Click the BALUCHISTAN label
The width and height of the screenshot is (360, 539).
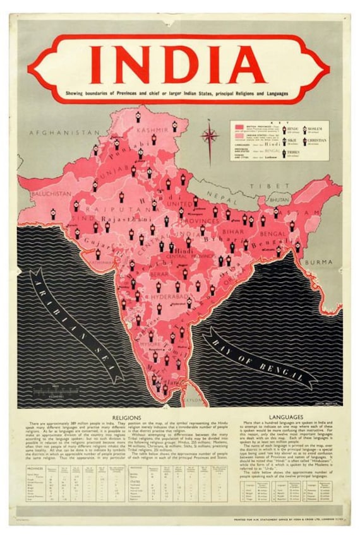(51, 193)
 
